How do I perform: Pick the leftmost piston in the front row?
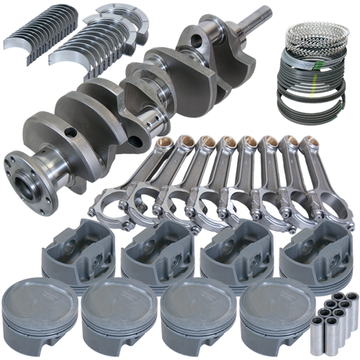(40, 313)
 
